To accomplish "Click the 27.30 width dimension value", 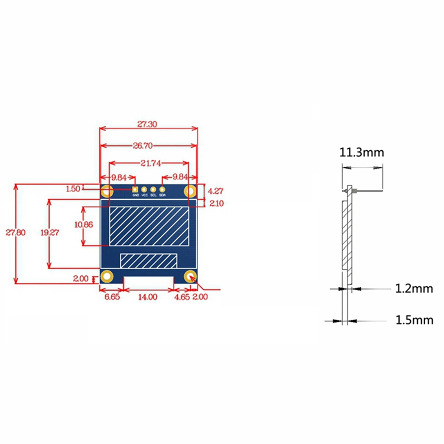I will tap(147, 124).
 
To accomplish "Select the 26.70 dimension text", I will tap(143, 146).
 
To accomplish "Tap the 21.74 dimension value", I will tap(151, 163).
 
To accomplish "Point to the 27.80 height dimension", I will tap(16, 232).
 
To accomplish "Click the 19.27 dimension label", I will tap(50, 232).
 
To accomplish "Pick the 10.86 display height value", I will tap(84, 225).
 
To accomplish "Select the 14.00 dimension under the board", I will tap(148, 297).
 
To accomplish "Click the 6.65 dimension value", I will tap(112, 297).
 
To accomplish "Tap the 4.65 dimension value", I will tap(182, 297).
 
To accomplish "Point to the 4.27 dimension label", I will tap(215, 191).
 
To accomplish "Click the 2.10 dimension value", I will tap(217, 203).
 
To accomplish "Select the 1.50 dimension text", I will tap(73, 189).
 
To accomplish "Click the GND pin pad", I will tap(135, 190).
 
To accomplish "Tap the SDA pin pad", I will tap(162, 190).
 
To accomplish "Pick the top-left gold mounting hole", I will tap(107, 191).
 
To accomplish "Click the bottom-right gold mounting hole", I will tap(190, 277).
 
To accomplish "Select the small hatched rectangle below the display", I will tap(148, 261).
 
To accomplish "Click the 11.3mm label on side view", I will tap(362, 153).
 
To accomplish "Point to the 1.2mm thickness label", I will tap(414, 289).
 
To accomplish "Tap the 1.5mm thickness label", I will tap(414, 320).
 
